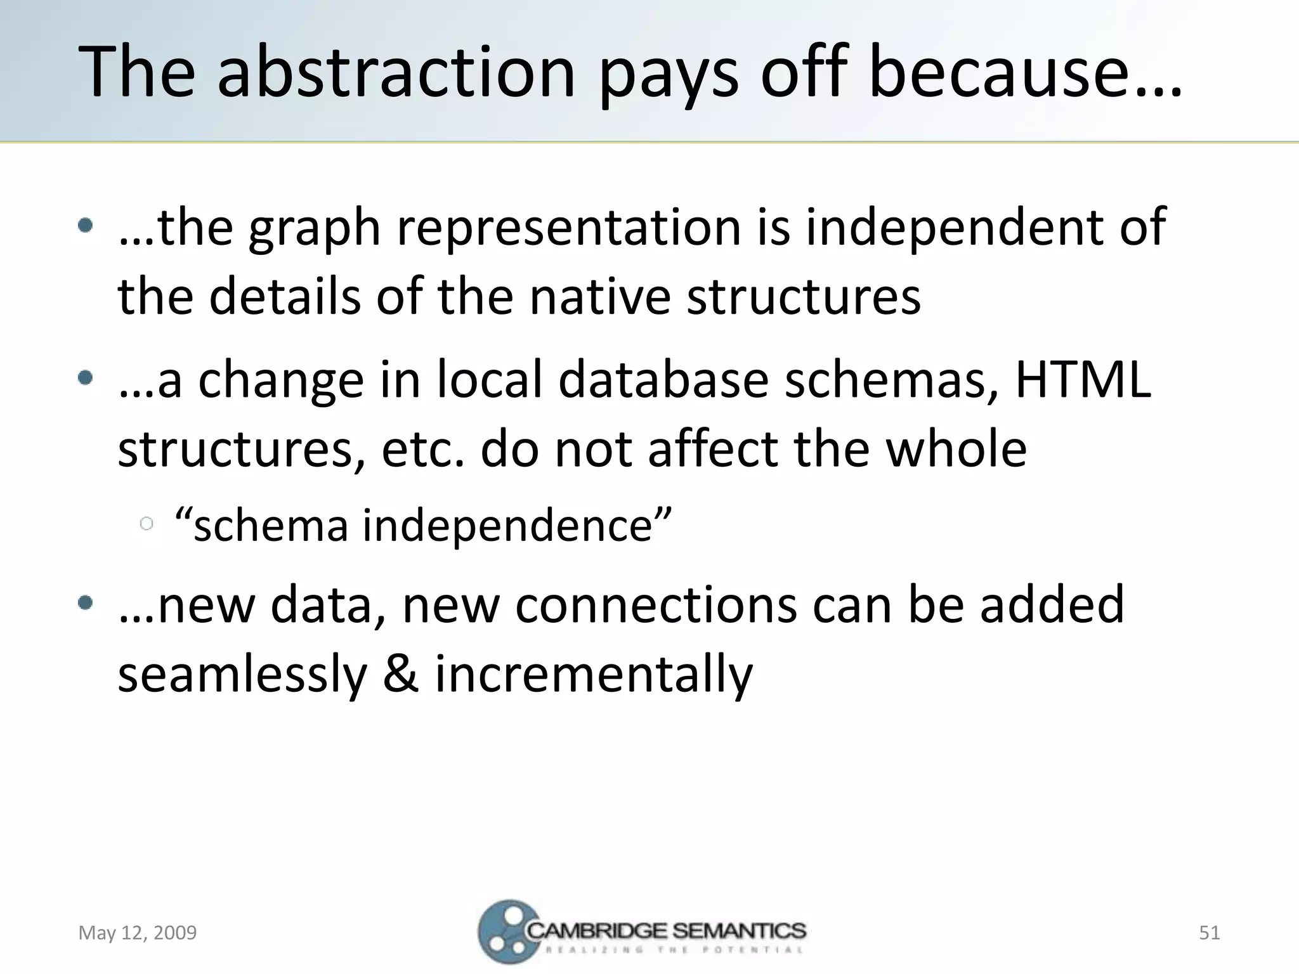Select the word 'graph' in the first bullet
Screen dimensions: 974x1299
pos(314,229)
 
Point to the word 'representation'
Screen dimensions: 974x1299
pos(568,229)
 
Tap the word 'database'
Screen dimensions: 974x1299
pos(663,380)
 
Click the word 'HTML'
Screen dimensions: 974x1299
pos(1083,380)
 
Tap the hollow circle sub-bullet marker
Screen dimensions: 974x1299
pos(147,524)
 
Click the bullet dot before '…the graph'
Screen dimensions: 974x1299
pos(86,226)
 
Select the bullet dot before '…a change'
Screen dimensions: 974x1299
pos(86,379)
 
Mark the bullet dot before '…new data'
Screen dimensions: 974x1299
pos(86,603)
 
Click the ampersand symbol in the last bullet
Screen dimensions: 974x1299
pos(400,673)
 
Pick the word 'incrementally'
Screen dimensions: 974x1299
pos(594,675)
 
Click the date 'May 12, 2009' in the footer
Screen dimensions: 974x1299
pos(138,933)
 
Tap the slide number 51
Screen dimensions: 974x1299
pos(1209,933)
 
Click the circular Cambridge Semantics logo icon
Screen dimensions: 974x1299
pos(504,932)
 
